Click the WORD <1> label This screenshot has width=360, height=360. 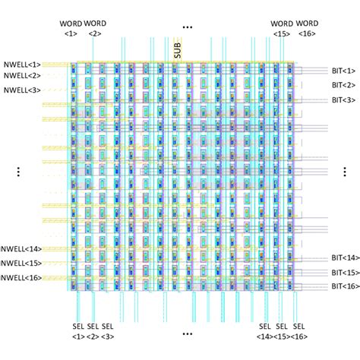(71, 28)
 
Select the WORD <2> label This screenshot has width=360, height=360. (95, 28)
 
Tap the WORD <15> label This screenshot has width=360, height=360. (282, 28)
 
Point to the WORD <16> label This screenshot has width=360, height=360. (307, 28)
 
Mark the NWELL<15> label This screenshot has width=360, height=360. (21, 263)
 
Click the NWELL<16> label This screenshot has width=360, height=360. (21, 277)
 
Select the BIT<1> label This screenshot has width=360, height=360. (343, 70)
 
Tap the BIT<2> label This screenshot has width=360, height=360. (343, 84)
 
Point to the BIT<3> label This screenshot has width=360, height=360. (343, 99)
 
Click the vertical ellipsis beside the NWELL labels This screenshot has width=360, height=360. (17, 172)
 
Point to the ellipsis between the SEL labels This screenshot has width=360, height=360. (188, 333)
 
